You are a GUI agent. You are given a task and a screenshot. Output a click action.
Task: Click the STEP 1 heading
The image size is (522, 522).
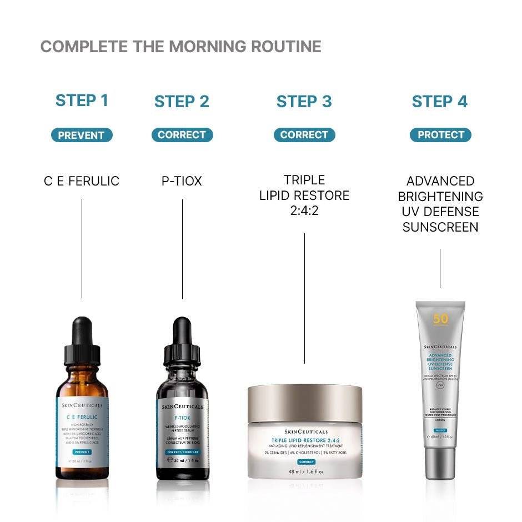[82, 101]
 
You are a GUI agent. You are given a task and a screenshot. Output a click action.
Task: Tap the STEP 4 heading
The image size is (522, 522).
[439, 102]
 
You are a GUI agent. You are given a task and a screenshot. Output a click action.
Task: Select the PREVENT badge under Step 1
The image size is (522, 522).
[82, 135]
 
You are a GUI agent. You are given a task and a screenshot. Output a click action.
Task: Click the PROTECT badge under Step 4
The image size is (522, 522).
[440, 135]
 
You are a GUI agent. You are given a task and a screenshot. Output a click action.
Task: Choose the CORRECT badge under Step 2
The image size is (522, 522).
[182, 135]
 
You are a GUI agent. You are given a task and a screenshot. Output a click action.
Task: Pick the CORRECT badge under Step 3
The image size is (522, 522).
[304, 135]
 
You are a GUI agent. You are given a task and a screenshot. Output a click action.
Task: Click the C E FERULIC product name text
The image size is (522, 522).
[82, 181]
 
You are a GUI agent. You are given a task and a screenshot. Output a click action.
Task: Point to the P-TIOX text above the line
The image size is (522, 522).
[182, 181]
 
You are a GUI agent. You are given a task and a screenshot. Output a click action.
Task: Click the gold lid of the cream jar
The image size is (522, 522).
[304, 401]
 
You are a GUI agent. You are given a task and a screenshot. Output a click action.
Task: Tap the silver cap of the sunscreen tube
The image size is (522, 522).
[440, 464]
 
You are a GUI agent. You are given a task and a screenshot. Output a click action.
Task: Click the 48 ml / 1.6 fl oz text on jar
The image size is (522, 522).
[304, 471]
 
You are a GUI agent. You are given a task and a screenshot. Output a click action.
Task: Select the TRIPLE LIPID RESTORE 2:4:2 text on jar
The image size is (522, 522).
[304, 440]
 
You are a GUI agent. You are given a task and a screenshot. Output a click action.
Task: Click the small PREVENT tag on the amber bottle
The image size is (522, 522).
[82, 451]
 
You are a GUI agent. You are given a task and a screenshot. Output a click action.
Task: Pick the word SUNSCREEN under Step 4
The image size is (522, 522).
[440, 227]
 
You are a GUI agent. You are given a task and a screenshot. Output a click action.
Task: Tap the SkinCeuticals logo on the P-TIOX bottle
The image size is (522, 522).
[182, 406]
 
